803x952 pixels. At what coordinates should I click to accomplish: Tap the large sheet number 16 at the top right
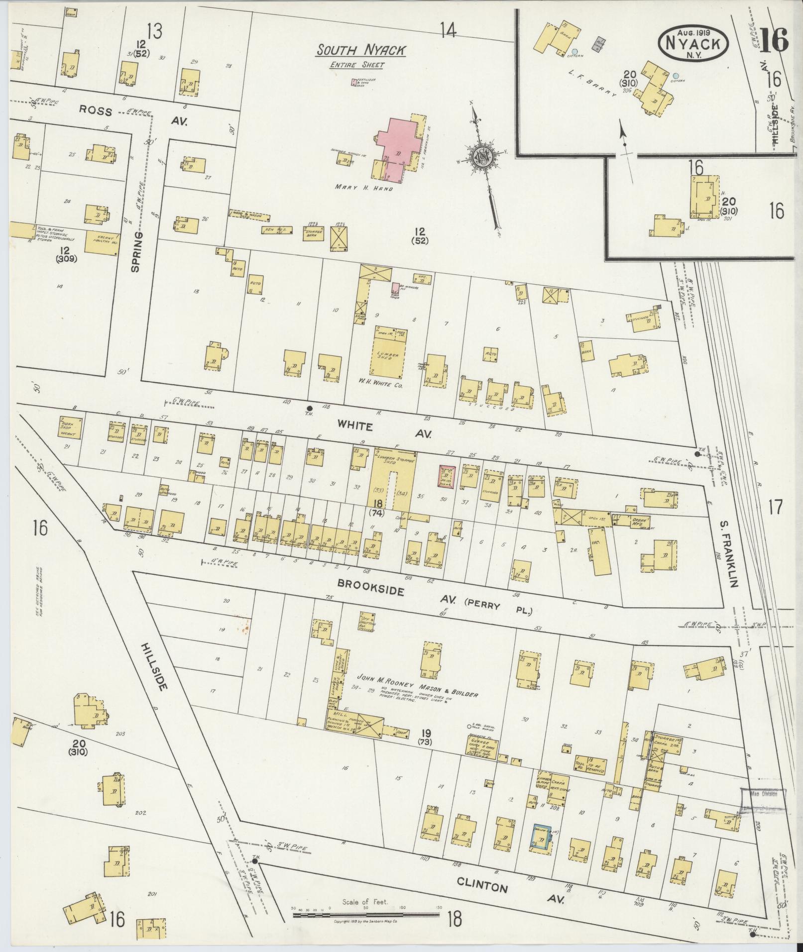[x=775, y=40]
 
